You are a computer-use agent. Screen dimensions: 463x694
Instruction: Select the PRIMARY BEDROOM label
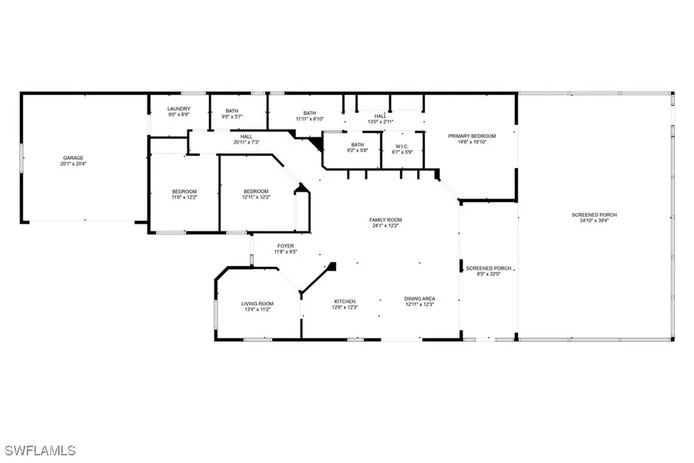472,136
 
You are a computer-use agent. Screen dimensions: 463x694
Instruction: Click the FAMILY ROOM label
386,220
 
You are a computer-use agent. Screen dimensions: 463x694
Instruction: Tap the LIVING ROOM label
258,303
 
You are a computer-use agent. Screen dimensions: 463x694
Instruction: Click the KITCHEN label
344,300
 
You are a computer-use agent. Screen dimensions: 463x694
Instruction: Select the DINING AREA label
419,299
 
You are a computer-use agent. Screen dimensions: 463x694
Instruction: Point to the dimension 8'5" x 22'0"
484,273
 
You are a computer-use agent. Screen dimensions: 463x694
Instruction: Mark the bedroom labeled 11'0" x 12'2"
184,197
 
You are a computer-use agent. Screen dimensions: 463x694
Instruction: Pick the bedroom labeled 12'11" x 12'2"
256,197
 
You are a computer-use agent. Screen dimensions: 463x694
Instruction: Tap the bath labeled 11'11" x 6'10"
309,118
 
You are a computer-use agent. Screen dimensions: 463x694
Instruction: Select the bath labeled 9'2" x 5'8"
357,150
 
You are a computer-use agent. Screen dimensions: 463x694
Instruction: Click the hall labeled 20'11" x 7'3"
246,142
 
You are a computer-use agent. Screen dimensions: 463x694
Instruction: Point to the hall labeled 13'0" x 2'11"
381,121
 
